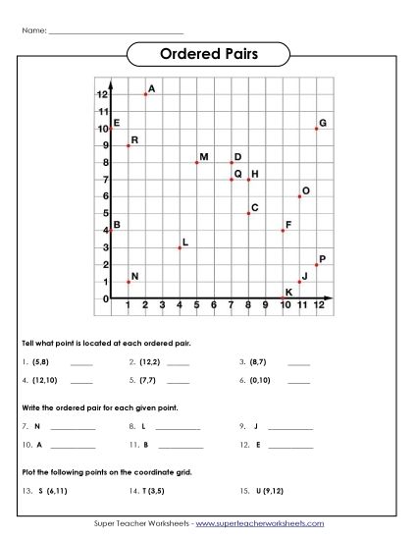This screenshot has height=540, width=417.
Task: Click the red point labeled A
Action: coord(145,94)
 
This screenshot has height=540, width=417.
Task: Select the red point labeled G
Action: coord(316,129)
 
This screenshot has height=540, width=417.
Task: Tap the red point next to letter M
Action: coord(196,162)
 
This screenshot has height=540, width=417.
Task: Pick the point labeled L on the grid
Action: coord(180,247)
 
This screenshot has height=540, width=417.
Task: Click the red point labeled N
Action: coord(129,282)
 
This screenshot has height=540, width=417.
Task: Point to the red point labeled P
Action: coord(316,265)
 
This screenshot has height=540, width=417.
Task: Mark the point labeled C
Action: coord(248,213)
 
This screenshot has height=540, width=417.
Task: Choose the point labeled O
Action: coord(299,196)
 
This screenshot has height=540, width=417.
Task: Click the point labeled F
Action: coord(283,231)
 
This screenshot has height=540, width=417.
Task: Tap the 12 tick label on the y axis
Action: coord(102,94)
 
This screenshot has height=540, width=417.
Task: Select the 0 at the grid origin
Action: coord(104,299)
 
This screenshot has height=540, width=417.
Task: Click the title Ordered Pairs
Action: coord(208,55)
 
